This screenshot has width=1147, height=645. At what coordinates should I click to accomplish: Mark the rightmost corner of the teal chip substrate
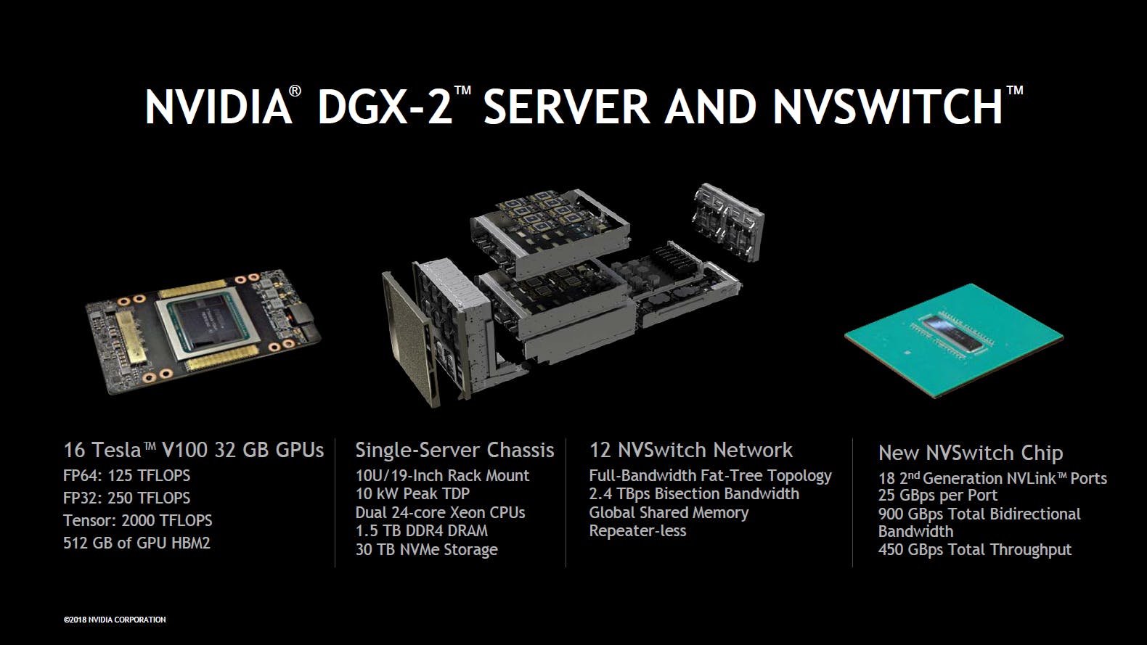pos(1064,337)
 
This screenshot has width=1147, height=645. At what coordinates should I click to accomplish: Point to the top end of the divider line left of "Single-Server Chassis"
pos(335,439)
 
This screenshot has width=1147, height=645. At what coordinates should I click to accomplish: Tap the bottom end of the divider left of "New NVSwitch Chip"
pos(852,567)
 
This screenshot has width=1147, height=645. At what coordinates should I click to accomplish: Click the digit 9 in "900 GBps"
pos(883,514)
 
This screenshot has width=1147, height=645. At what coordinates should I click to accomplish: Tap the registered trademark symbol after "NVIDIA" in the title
pos(295,92)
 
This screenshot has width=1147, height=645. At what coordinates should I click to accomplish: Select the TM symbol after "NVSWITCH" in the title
pos(1015,91)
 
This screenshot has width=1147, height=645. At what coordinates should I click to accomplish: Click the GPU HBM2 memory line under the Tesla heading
pos(136,543)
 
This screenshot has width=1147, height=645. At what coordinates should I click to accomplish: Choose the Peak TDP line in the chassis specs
pos(413,494)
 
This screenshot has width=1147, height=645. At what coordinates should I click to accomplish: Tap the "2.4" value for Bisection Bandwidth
pos(600,494)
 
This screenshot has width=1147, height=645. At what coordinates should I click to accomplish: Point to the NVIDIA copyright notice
pos(115,620)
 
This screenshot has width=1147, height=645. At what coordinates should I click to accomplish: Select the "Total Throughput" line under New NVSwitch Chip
pos(975,550)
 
